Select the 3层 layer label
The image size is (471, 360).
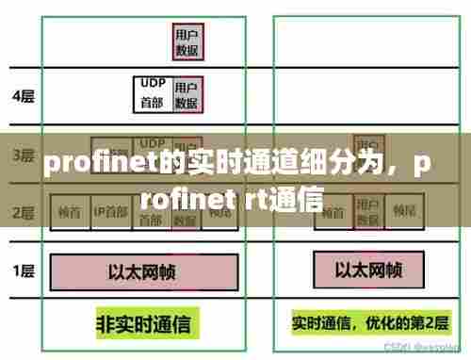tap(23, 155)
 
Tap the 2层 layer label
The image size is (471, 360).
tap(23, 211)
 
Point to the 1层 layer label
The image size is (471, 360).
tap(23, 272)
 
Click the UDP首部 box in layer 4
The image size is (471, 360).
tap(152, 92)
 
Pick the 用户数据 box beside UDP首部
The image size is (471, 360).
tap(187, 92)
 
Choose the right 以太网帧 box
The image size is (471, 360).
tap(369, 272)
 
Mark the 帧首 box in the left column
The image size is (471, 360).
tap(68, 211)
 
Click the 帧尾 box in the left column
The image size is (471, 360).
tap(219, 211)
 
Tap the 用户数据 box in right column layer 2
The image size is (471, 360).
tap(367, 211)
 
